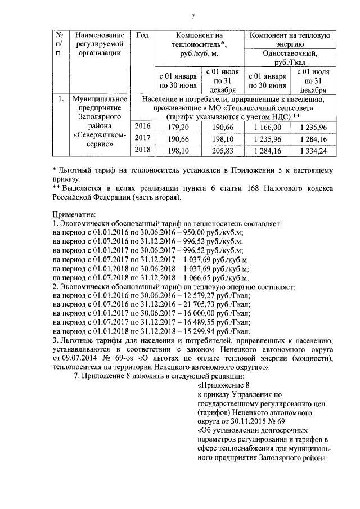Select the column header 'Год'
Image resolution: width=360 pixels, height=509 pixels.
143,35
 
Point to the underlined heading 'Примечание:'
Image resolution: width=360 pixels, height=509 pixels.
74,214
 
